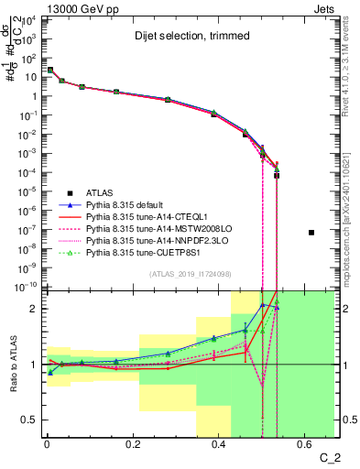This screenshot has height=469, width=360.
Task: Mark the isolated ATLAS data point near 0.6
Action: (x=311, y=233)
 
